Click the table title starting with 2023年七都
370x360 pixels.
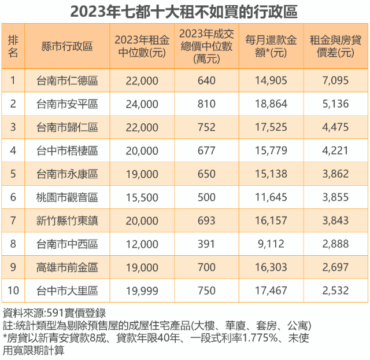coord(184,11)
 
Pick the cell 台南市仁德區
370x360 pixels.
coord(67,81)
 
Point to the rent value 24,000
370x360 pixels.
coord(142,104)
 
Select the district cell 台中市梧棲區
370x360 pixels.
coord(67,151)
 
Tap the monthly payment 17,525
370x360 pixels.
coord(271,127)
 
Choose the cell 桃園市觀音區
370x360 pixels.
coord(67,197)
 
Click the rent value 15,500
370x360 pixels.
coord(142,197)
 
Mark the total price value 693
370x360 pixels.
coord(206,221)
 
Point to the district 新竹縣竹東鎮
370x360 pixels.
coord(67,221)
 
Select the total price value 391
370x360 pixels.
coord(206,244)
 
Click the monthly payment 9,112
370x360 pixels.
coord(271,244)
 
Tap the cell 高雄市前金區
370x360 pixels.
coord(67,267)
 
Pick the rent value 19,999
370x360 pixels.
coord(142,291)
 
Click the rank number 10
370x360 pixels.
coord(13,291)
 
